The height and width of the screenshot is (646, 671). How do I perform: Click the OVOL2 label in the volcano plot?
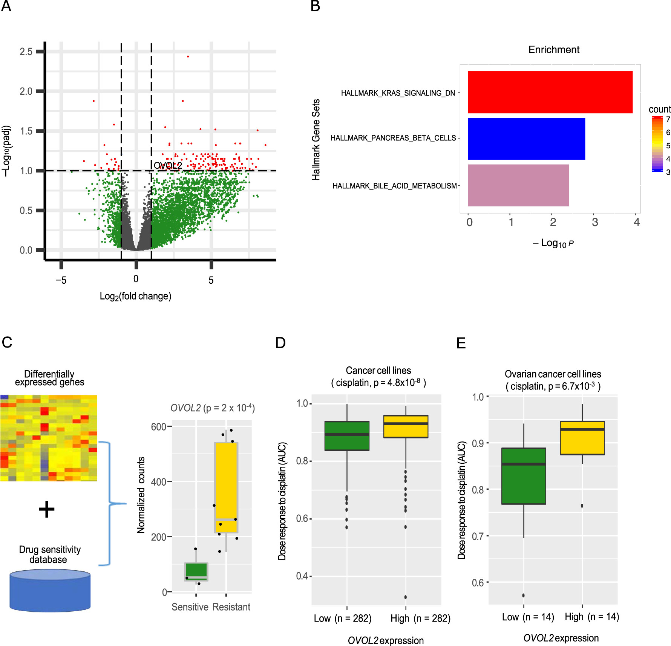(x=168, y=166)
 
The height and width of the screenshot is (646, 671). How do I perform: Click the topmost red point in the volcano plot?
(x=188, y=57)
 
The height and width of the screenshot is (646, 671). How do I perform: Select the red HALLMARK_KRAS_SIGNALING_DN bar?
(x=550, y=92)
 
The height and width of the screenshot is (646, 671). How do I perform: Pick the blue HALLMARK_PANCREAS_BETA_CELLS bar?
(x=526, y=138)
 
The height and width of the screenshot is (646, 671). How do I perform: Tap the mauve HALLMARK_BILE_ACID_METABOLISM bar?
(x=518, y=185)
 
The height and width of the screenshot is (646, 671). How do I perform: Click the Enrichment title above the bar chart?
(x=553, y=49)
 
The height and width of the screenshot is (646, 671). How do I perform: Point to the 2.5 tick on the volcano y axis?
(x=26, y=52)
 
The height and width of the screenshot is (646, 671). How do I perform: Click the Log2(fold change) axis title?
(x=135, y=296)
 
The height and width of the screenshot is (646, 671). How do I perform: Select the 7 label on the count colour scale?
(x=668, y=119)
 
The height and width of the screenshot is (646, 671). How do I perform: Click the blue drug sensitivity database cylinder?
(x=50, y=591)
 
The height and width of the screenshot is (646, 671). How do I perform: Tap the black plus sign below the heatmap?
(x=47, y=509)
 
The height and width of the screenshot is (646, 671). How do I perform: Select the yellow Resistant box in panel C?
(x=226, y=487)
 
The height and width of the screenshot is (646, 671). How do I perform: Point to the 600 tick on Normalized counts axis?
(x=158, y=427)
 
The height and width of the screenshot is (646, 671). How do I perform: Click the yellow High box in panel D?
(x=406, y=426)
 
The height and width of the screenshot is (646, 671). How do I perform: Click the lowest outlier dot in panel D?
(x=405, y=597)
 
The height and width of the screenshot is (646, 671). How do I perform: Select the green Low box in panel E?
(x=524, y=476)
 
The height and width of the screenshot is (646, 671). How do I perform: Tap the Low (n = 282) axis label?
(x=342, y=618)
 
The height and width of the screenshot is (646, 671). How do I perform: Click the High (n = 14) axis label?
(x=591, y=617)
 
